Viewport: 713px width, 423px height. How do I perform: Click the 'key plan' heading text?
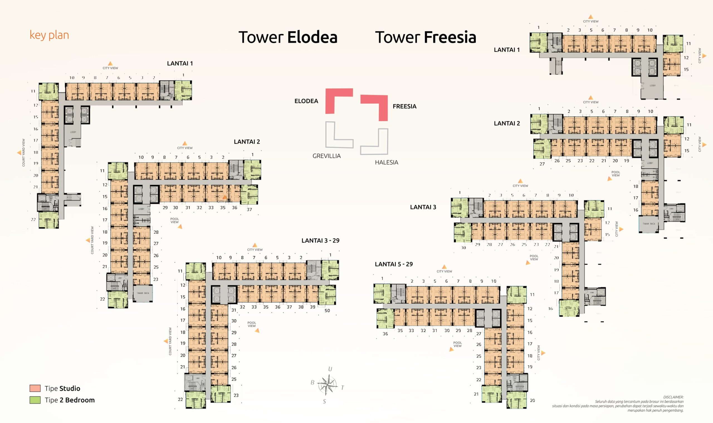pyautogui.click(x=49, y=35)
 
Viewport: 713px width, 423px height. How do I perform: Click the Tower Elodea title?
pyautogui.click(x=288, y=37)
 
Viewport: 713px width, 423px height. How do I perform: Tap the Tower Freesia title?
pyautogui.click(x=426, y=37)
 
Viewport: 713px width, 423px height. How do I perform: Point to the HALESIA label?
pyautogui.click(x=387, y=163)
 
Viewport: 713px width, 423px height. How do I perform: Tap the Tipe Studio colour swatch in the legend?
pyautogui.click(x=35, y=388)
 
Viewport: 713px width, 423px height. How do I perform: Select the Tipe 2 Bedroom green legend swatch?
pyautogui.click(x=35, y=400)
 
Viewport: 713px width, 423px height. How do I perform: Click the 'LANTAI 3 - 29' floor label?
pyautogui.click(x=320, y=240)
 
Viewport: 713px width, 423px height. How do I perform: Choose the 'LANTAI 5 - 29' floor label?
pyautogui.click(x=394, y=264)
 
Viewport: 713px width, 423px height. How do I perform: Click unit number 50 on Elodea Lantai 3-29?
pyautogui.click(x=327, y=310)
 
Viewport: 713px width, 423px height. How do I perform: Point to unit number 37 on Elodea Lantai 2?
pyautogui.click(x=249, y=210)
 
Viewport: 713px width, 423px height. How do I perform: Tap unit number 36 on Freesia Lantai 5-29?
pyautogui.click(x=385, y=333)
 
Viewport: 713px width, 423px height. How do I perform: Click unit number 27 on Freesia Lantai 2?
pyautogui.click(x=542, y=164)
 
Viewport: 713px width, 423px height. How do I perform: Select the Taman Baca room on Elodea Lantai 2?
pyautogui.click(x=143, y=293)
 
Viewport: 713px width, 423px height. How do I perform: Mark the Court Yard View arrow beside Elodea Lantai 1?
pyautogui.click(x=19, y=153)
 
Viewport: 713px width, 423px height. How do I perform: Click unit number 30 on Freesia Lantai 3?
pyautogui.click(x=463, y=248)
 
